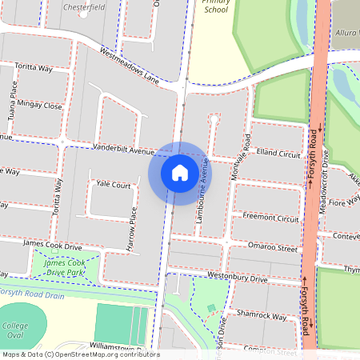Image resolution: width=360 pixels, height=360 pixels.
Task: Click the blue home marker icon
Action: point(180,172)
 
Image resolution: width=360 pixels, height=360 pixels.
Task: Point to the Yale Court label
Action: point(113,184)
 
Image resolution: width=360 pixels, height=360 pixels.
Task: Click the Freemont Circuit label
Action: point(270,217)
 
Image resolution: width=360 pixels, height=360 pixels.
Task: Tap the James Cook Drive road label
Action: point(53,244)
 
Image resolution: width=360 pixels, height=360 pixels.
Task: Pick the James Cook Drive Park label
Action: point(66,267)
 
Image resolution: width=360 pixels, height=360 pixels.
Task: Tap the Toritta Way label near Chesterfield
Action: point(31,69)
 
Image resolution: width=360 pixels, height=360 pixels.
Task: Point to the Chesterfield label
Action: point(84,6)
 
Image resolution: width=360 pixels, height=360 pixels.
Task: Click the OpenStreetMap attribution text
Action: point(80,354)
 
